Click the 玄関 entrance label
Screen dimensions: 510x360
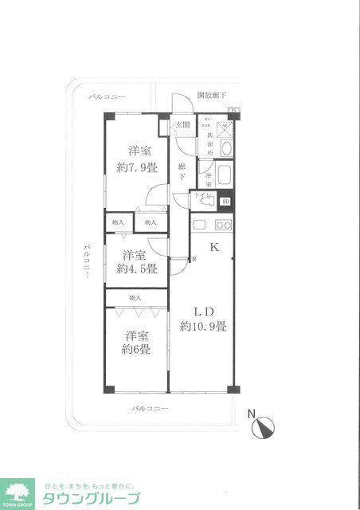(182, 125)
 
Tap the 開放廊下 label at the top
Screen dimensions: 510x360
(211, 94)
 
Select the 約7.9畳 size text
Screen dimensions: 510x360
(137, 168)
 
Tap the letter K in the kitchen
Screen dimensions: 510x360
(213, 248)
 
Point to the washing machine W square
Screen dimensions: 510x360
(224, 128)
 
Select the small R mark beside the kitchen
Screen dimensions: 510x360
(194, 259)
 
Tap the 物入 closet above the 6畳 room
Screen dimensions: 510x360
(135, 298)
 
